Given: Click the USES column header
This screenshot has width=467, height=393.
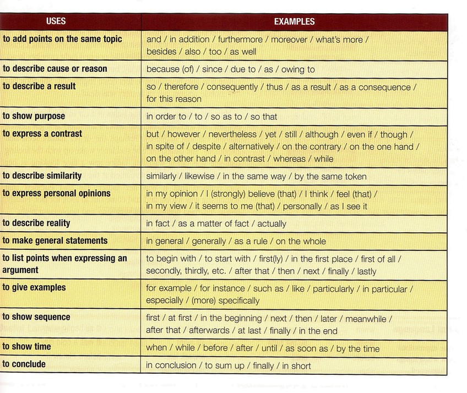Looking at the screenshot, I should [56, 21].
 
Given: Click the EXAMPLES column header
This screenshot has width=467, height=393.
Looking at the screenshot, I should [294, 22].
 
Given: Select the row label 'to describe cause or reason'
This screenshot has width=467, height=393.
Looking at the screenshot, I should [55, 69].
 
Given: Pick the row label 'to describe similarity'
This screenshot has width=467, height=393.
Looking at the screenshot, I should [42, 176].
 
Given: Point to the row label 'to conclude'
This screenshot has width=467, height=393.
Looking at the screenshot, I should [24, 364].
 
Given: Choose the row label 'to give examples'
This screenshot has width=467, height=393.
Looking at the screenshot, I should [34, 287].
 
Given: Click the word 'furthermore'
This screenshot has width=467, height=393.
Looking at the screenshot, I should [241, 40].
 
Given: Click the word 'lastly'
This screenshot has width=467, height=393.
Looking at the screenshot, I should [366, 271].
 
